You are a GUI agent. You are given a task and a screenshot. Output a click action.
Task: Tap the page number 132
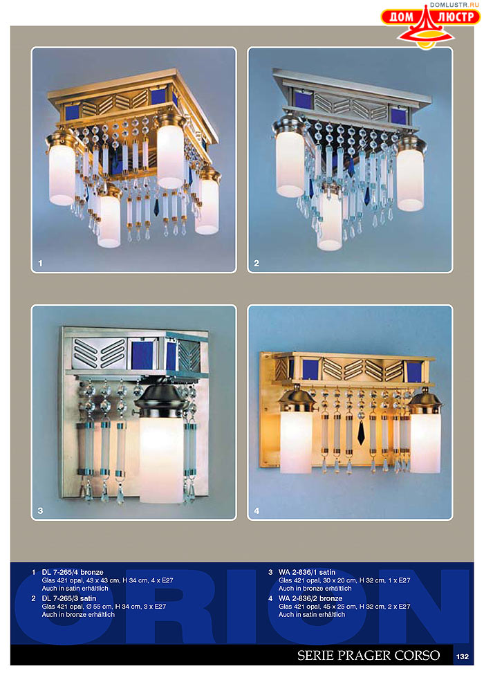tap(462, 656)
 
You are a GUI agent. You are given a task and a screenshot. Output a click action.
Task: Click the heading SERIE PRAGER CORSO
tap(368, 655)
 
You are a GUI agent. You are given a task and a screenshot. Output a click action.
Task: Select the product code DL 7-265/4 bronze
tap(73, 572)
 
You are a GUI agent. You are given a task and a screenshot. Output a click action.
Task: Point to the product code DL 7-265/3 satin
tap(68, 598)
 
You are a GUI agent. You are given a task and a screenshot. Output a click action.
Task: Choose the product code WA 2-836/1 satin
tap(306, 572)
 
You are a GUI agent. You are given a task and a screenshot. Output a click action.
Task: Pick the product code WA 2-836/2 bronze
tap(310, 598)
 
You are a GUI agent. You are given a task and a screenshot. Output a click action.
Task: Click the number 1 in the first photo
tap(40, 263)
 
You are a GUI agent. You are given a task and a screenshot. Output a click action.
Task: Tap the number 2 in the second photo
tap(257, 263)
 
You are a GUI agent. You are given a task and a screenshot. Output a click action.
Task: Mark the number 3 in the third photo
tap(40, 510)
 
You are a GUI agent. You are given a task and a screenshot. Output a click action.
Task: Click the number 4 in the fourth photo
tap(257, 510)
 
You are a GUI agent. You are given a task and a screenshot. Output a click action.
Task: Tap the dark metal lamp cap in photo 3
tap(158, 401)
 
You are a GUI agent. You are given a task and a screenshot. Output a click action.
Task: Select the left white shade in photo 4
tap(296, 441)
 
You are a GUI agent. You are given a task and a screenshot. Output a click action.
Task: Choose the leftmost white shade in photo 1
tap(62, 175)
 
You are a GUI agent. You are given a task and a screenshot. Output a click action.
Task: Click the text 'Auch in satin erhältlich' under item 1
tap(75, 589)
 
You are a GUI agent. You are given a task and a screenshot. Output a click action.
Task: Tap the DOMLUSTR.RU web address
tap(454, 5)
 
